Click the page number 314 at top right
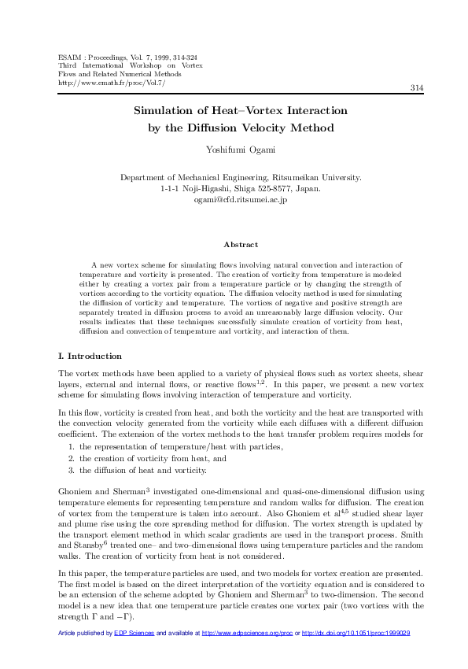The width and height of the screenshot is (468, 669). (x=418, y=87)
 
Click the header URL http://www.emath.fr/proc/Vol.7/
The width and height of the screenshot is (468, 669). (x=112, y=82)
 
